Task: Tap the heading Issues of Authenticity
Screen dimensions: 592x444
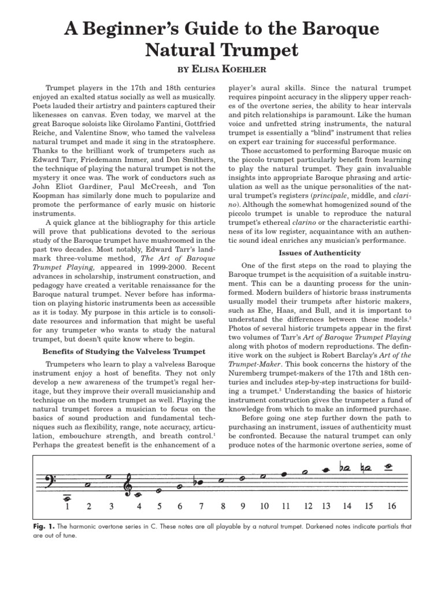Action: click(x=312, y=253)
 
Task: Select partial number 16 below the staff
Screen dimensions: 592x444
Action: click(x=391, y=506)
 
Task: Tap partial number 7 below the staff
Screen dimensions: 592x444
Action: click(x=201, y=506)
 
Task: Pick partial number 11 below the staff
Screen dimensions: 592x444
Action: click(x=285, y=506)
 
